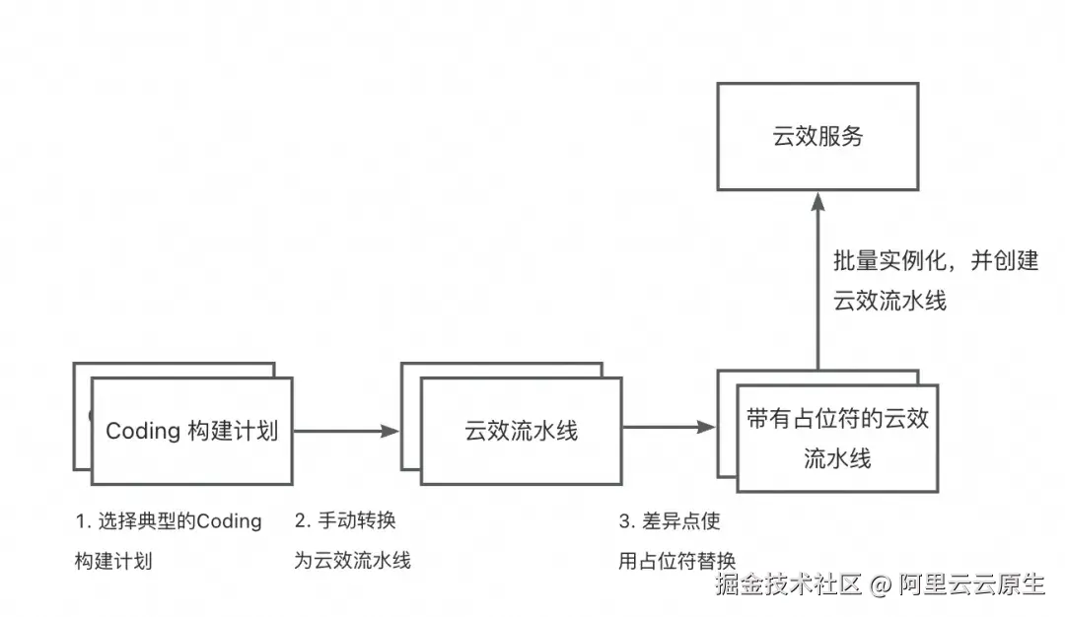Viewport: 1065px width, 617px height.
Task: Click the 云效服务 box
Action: (817, 136)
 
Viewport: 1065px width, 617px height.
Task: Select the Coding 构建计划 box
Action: (191, 431)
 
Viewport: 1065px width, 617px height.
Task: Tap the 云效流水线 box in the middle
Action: (522, 431)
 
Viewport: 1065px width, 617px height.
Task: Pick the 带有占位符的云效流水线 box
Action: (837, 439)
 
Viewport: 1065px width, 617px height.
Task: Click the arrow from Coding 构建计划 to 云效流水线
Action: (345, 431)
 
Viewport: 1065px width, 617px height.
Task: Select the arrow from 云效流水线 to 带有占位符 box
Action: (670, 428)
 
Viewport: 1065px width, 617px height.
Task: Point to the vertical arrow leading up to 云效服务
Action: (817, 286)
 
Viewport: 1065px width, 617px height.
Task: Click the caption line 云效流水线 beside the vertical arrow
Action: (889, 301)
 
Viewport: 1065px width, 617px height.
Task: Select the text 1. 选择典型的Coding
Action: (169, 521)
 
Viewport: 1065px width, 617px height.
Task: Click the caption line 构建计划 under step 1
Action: (113, 561)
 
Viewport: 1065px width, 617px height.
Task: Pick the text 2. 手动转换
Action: (345, 521)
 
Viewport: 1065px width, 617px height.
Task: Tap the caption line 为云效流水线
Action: (352, 561)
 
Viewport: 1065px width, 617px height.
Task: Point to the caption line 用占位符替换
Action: (676, 561)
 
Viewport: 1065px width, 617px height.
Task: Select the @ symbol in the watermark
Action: (881, 585)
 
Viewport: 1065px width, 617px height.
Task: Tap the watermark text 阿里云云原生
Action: (971, 584)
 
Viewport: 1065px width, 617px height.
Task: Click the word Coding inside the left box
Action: (142, 431)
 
